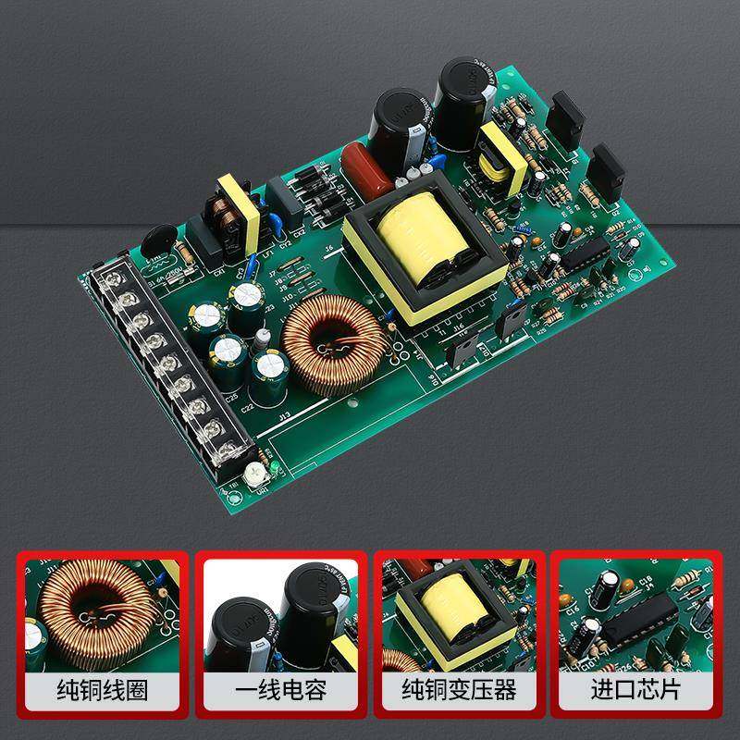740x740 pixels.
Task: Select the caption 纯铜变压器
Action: (460, 689)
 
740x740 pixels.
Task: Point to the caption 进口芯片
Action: (637, 689)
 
